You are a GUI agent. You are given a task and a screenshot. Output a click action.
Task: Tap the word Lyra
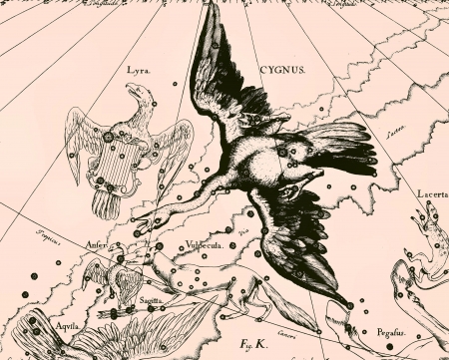(139, 71)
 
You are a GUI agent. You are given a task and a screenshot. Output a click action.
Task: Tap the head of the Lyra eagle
(139, 95)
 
